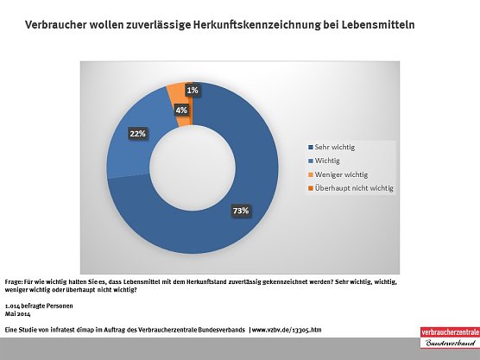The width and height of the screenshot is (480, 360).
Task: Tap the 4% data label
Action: [180, 110]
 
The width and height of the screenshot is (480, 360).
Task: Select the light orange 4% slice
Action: [177, 92]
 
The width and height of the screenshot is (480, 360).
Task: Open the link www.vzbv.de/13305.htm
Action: [287, 330]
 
